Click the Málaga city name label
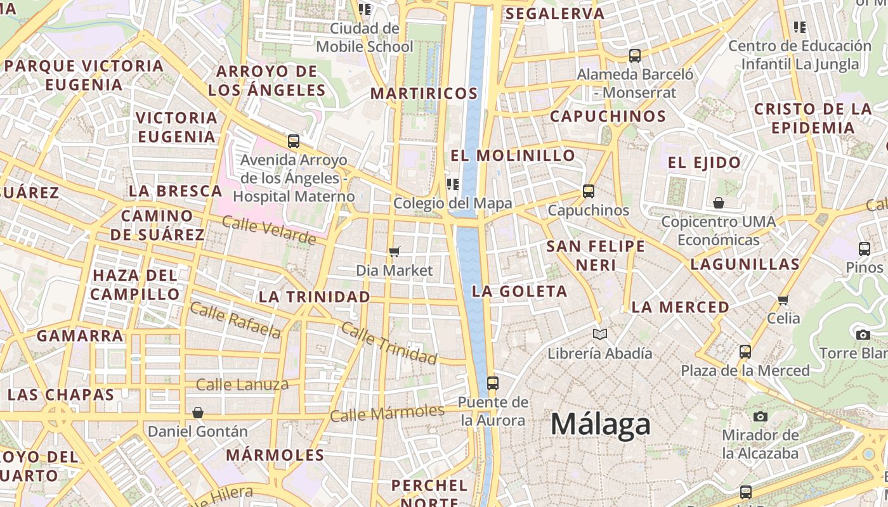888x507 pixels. (x=600, y=424)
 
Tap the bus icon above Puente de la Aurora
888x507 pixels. (x=493, y=383)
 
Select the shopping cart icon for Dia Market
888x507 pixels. (x=395, y=252)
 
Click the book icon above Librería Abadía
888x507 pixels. (x=599, y=334)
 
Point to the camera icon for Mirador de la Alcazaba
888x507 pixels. (x=760, y=416)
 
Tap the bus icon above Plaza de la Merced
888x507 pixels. (x=745, y=351)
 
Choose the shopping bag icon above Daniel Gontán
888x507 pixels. (x=198, y=413)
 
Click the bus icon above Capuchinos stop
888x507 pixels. (x=589, y=191)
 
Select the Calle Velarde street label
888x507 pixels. (x=269, y=230)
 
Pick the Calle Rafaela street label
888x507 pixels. (x=235, y=320)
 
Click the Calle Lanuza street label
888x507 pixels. (x=242, y=384)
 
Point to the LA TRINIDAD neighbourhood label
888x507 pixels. (x=315, y=297)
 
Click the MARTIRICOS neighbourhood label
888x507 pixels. (x=424, y=93)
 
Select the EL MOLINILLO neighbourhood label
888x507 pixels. (x=513, y=155)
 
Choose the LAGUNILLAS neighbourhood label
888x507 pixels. (x=745, y=264)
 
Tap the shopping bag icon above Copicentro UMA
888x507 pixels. (x=719, y=203)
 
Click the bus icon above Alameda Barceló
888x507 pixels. (x=635, y=55)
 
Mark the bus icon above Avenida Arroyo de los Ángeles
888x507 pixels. (x=293, y=141)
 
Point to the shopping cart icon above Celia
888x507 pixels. (x=783, y=299)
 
